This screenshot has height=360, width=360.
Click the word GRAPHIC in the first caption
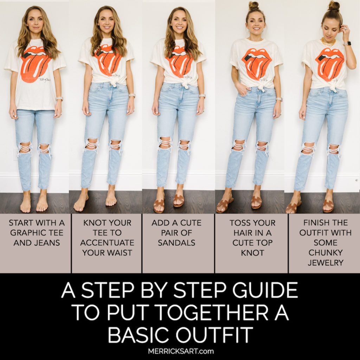click(x=25, y=233)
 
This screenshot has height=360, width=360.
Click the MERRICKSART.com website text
click(x=180, y=351)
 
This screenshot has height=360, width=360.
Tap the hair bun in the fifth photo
click(x=334, y=6)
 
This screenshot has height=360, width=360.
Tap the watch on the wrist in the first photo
click(x=59, y=99)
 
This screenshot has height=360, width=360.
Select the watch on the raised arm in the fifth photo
click(x=347, y=44)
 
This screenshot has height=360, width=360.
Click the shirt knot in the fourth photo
click(x=260, y=86)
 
